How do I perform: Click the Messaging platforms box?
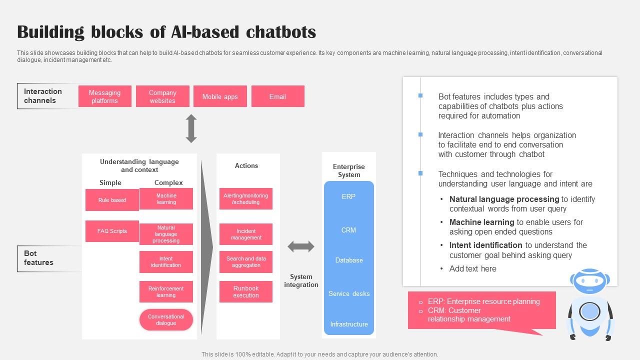pos(104,96)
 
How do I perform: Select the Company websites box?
pos(162,96)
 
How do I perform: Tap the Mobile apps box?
pos(220,96)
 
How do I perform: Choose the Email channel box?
pos(277,96)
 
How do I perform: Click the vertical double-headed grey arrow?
pos(191,128)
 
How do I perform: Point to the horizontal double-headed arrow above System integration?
pos(301,246)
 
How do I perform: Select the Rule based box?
pos(112,200)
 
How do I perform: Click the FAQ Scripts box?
pos(112,231)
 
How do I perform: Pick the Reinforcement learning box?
pos(166,291)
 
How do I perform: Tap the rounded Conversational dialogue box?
pos(166,320)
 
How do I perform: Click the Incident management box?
pos(246,234)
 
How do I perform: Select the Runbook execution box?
pos(246,291)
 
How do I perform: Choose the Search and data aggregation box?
pos(246,261)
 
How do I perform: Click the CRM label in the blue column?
pos(348,230)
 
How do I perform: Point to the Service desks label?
pos(349,293)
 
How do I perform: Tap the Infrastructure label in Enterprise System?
pos(349,324)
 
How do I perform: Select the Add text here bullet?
pos(472,268)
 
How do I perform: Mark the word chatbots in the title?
pos(281,32)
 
